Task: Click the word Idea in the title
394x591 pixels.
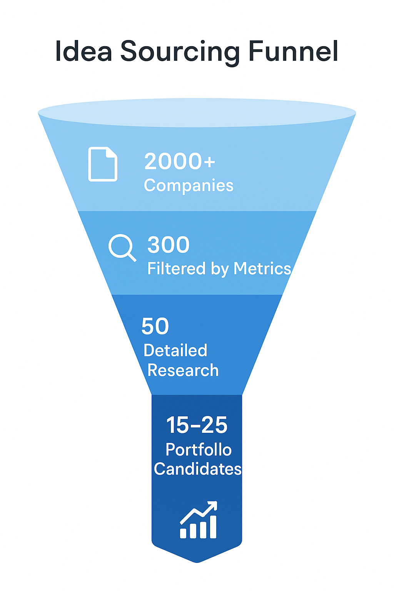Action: [x=83, y=52]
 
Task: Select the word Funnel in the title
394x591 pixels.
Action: [x=293, y=52]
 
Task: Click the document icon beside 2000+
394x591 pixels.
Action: [x=103, y=164]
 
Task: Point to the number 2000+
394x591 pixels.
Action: [x=180, y=161]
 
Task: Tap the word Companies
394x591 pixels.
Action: [x=189, y=186]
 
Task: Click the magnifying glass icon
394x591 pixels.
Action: [x=122, y=247]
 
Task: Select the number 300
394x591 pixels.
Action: [x=169, y=245]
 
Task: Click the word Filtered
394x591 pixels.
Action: [x=176, y=269]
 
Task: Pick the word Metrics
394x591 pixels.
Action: [x=262, y=269]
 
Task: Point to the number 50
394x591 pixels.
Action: [x=155, y=326]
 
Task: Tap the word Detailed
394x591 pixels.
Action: [x=175, y=351]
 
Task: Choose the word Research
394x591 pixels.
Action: [x=183, y=371]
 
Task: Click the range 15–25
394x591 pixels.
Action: [x=197, y=425]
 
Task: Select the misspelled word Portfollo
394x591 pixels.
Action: [x=199, y=450]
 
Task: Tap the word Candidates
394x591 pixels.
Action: [x=198, y=469]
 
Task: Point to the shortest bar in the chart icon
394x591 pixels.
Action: [x=184, y=533]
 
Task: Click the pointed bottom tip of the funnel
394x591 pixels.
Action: [x=197, y=562]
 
